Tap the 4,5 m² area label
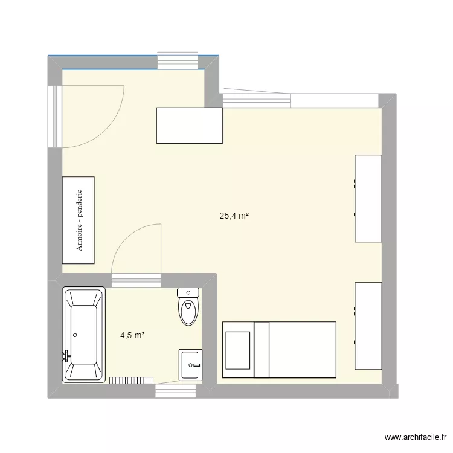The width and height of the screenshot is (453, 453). pos(132,335)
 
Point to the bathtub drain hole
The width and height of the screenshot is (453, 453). pos(75,334)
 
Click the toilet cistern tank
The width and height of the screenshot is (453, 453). pos(188,293)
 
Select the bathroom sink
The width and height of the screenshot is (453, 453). pos(191,365)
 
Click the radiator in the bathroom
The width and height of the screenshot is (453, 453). pos(131,380)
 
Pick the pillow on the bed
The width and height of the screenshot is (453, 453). pos(238,350)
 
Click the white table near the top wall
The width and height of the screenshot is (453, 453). pos(189,125)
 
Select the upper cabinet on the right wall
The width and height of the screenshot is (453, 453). pos(368,198)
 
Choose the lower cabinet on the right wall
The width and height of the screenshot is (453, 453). pos(368,326)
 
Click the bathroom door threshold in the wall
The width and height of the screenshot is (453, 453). pos(137,280)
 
